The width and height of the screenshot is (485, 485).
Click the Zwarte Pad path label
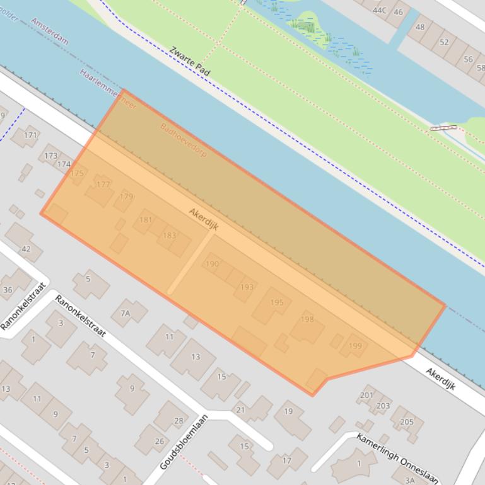click(x=190, y=61)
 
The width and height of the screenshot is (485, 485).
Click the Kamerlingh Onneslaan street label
click(x=397, y=459)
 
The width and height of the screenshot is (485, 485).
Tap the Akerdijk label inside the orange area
click(x=203, y=219)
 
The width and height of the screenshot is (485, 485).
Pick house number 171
click(x=30, y=135)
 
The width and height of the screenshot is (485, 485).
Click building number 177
click(x=102, y=185)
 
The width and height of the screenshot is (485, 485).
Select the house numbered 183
click(x=169, y=236)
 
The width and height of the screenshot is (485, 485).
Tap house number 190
click(x=212, y=264)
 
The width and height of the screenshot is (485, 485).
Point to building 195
click(x=276, y=302)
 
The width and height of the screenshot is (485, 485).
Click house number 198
click(x=307, y=319)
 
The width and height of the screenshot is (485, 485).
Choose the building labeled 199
click(x=355, y=346)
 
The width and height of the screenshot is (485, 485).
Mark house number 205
click(x=407, y=422)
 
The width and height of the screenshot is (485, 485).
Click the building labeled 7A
click(x=126, y=313)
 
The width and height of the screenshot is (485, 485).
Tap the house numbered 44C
click(x=379, y=10)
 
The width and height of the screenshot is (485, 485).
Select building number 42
click(x=26, y=249)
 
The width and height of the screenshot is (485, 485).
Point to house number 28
click(x=178, y=421)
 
